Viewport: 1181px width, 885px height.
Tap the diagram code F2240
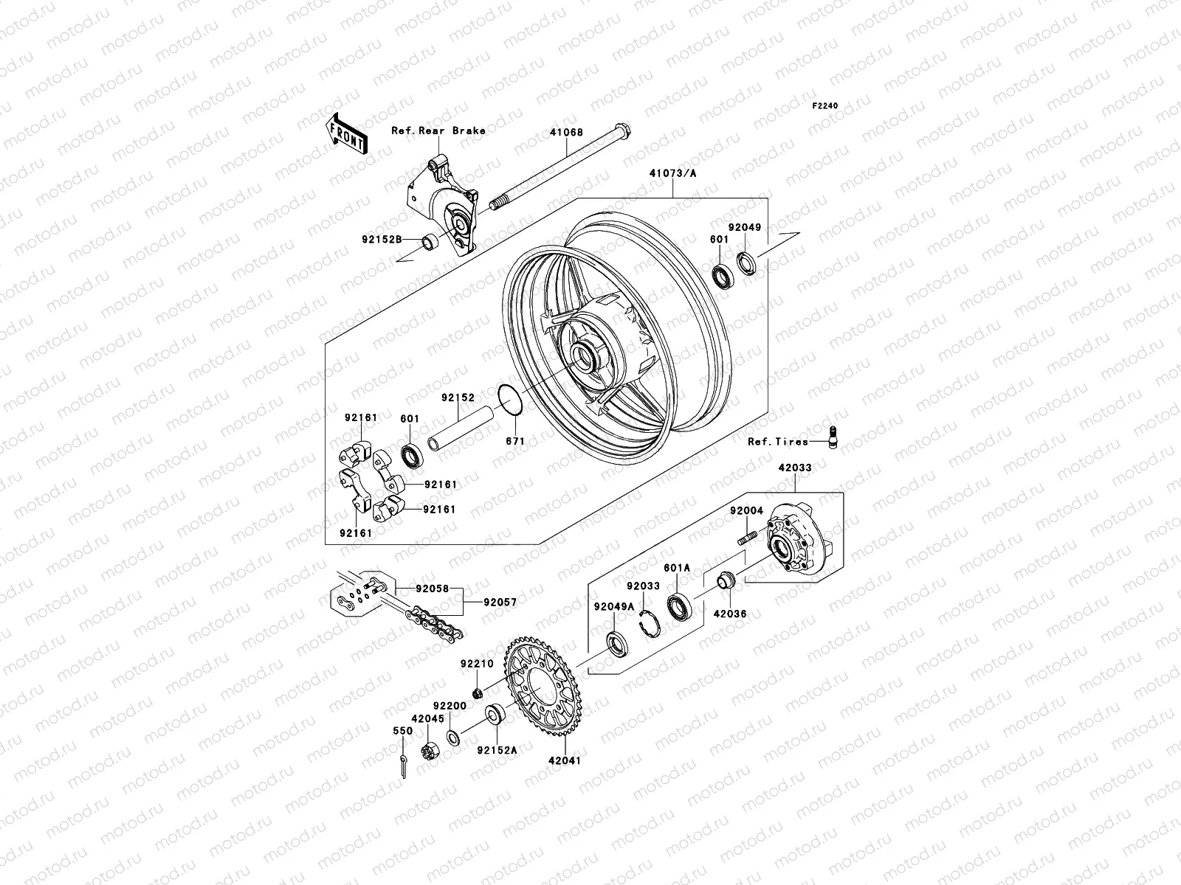tap(826, 105)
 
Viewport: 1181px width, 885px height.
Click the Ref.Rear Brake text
tap(459, 131)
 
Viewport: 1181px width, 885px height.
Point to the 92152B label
tap(382, 240)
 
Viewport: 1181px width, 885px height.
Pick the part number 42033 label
tap(794, 468)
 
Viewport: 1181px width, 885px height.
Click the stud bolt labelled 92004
tap(746, 536)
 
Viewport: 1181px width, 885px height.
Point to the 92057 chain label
tap(500, 603)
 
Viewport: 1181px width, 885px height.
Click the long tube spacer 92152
tap(461, 431)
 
